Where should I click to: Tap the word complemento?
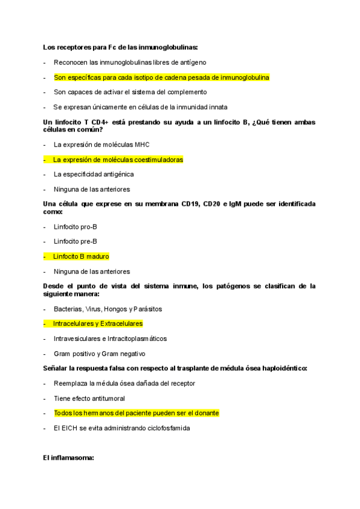(185, 92)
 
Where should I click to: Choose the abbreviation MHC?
(142, 145)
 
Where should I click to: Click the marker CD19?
(192, 204)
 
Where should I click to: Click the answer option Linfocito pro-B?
(75, 227)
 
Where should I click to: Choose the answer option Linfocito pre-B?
(75, 241)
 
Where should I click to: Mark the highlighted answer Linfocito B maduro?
(81, 256)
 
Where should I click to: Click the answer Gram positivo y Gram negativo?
(99, 354)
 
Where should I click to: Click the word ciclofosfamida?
(162, 428)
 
